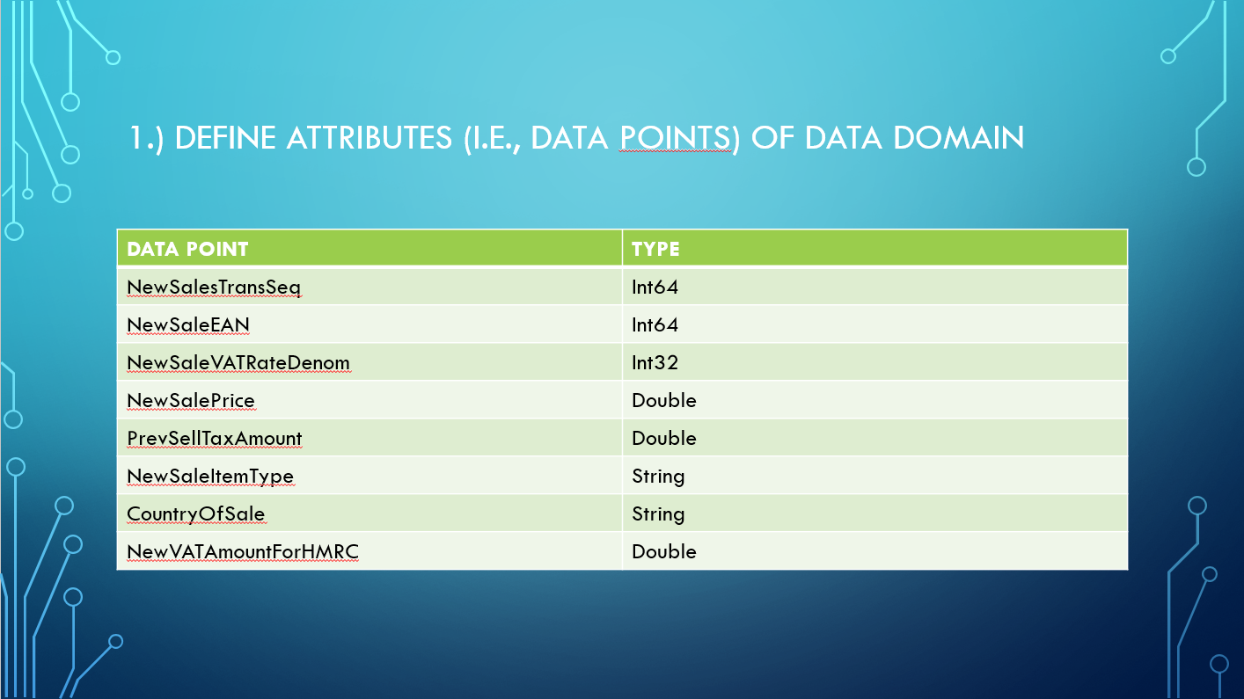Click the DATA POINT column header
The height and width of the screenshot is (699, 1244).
(x=187, y=249)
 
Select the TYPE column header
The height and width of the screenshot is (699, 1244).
(x=655, y=249)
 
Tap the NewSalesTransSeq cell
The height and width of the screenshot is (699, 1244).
(x=214, y=288)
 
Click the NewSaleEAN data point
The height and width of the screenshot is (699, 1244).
(x=187, y=324)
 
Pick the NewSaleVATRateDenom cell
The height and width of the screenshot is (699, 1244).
(x=238, y=362)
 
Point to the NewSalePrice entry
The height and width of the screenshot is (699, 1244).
(x=191, y=400)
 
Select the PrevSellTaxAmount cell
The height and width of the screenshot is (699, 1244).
(x=214, y=438)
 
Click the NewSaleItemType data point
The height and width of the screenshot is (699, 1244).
(x=210, y=477)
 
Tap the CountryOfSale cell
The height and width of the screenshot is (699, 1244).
(x=195, y=514)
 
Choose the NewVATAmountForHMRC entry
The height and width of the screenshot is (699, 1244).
(x=243, y=551)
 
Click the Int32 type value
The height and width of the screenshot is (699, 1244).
(x=655, y=362)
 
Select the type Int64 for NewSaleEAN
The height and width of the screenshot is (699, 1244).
(x=655, y=324)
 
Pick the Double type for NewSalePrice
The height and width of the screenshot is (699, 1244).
(x=663, y=400)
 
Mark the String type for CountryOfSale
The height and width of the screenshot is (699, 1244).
(x=658, y=514)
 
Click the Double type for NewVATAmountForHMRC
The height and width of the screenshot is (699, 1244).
(x=663, y=551)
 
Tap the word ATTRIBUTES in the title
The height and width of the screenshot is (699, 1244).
(x=370, y=138)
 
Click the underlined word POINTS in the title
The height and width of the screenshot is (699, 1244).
(x=676, y=138)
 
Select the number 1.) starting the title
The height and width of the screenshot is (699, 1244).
(x=146, y=138)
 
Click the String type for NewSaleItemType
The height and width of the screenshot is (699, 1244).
(x=658, y=477)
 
